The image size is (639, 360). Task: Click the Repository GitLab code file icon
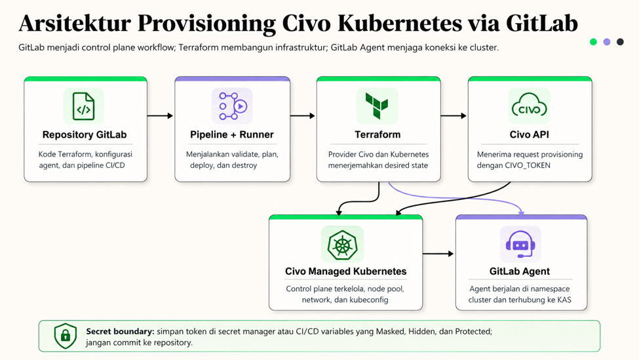point(83,106)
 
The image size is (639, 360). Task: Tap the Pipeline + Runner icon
point(233,106)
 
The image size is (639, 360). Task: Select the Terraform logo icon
point(377,106)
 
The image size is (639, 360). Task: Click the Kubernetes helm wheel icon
point(342,245)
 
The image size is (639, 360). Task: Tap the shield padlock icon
point(65,336)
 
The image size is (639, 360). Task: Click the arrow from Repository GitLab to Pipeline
point(160,116)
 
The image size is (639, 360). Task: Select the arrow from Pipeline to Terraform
point(303,116)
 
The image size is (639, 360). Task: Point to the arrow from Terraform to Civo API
point(454,116)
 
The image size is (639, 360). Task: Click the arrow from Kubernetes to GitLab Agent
point(438,254)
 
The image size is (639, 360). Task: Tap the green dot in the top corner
point(593,41)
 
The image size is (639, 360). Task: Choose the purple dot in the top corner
point(607,41)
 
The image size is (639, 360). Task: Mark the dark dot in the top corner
point(620,41)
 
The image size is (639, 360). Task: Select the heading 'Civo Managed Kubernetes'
point(345,271)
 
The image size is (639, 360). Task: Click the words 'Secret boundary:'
point(120,331)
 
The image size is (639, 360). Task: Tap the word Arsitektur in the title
point(75,24)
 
